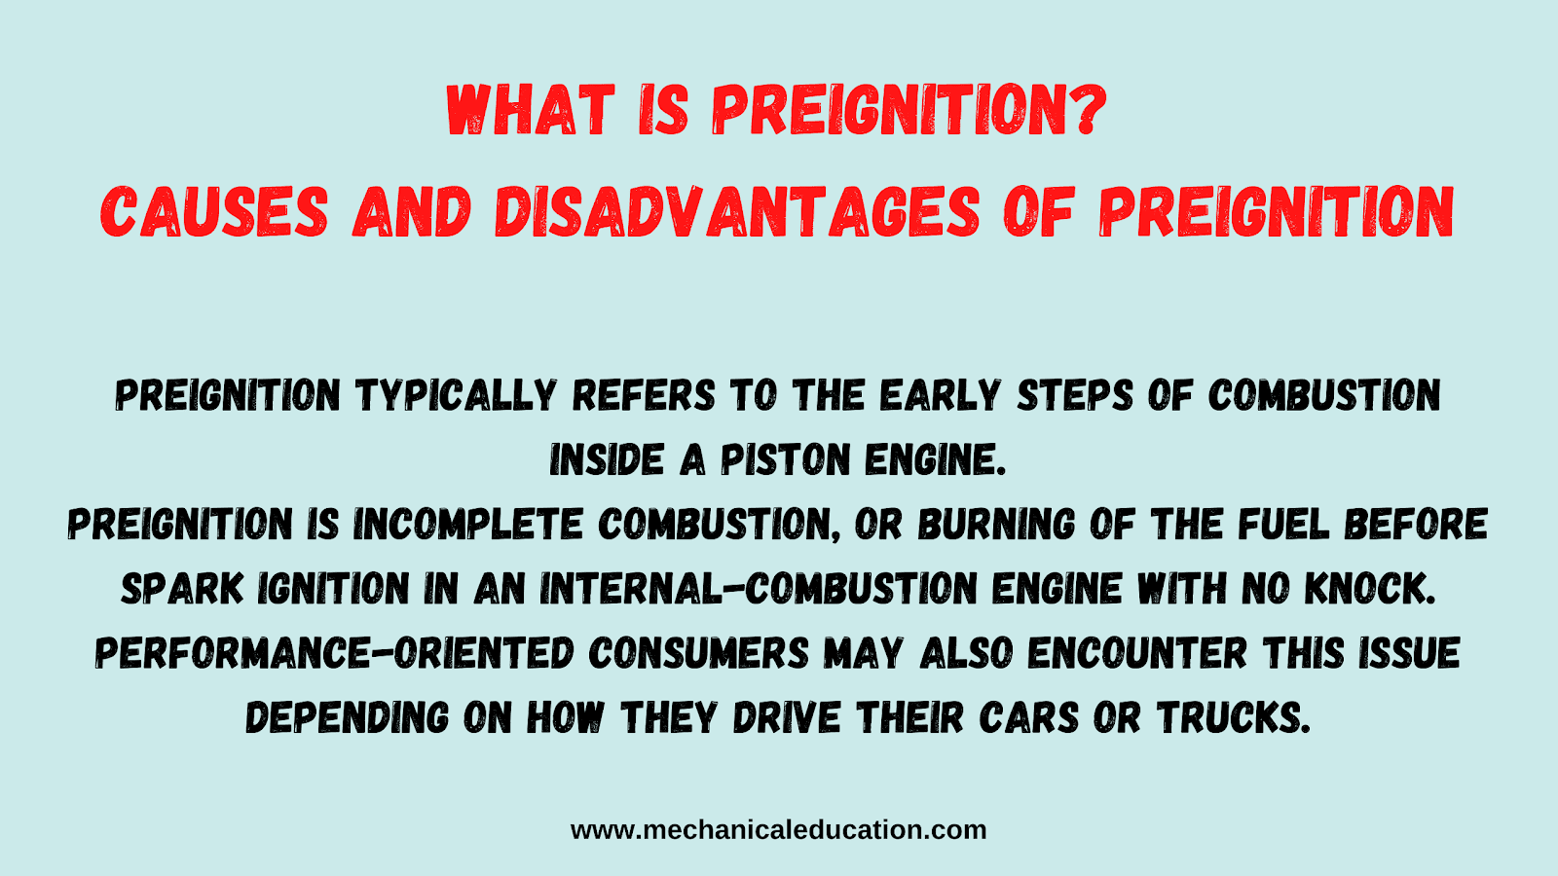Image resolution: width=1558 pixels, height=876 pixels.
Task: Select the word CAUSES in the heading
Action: click(x=214, y=211)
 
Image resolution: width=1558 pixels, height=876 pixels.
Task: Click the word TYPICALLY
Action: click(x=457, y=395)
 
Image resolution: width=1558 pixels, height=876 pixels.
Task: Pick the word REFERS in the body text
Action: click(x=644, y=395)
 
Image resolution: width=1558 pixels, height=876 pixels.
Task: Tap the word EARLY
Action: click(x=940, y=395)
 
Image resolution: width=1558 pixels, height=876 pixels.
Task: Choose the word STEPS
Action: click(x=1075, y=395)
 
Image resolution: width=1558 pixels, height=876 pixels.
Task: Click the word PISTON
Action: click(x=785, y=459)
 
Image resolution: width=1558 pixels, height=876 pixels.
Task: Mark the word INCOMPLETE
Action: click(x=467, y=524)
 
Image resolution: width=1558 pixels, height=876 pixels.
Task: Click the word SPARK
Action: click(x=182, y=588)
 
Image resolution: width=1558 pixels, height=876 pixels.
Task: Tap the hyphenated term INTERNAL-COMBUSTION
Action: click(x=760, y=588)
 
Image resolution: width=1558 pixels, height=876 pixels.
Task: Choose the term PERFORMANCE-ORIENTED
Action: click(x=335, y=653)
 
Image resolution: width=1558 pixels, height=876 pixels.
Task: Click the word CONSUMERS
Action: click(x=700, y=653)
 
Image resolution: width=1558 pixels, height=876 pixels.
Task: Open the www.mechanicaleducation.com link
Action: click(x=778, y=830)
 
